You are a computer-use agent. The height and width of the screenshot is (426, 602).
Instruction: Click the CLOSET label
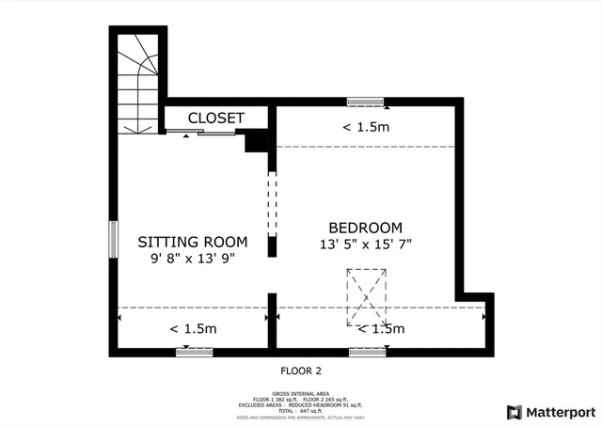216,118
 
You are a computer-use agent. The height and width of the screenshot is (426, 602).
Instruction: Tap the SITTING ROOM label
193,241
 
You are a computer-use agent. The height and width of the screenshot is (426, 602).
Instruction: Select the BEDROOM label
365,228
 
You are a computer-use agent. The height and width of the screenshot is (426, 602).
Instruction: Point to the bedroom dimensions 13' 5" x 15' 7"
365,244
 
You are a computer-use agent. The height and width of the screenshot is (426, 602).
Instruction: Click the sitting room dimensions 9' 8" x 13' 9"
192,257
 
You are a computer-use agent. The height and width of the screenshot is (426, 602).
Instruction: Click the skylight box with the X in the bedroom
366,296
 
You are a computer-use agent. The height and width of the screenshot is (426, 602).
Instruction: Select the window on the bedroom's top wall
365,101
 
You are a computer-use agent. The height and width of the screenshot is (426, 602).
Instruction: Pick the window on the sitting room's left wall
113,239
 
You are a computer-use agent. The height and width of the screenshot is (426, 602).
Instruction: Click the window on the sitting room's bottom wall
195,352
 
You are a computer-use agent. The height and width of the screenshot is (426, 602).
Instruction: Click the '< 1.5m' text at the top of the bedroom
365,127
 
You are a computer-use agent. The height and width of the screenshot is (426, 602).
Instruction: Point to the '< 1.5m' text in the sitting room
193,329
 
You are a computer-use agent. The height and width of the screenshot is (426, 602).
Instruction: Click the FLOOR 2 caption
301,371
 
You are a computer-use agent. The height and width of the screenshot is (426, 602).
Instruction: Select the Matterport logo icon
513,412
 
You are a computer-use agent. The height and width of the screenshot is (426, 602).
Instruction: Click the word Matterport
560,412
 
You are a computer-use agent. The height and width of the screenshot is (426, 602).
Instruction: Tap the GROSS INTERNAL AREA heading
301,393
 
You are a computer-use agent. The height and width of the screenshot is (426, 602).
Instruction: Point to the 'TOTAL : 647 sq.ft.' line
301,410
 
